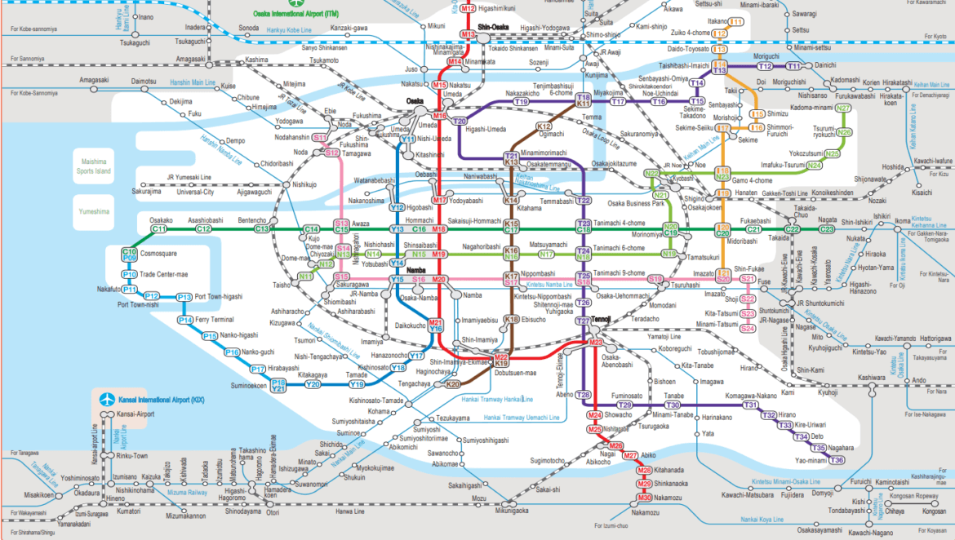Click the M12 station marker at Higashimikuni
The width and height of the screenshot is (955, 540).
click(x=468, y=9)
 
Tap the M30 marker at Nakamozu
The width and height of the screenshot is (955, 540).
click(x=645, y=498)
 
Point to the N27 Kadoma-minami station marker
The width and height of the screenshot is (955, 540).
click(x=844, y=108)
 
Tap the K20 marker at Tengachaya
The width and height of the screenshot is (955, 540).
click(x=452, y=383)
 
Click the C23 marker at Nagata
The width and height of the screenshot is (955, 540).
click(x=827, y=230)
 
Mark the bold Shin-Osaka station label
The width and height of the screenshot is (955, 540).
click(x=494, y=26)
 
